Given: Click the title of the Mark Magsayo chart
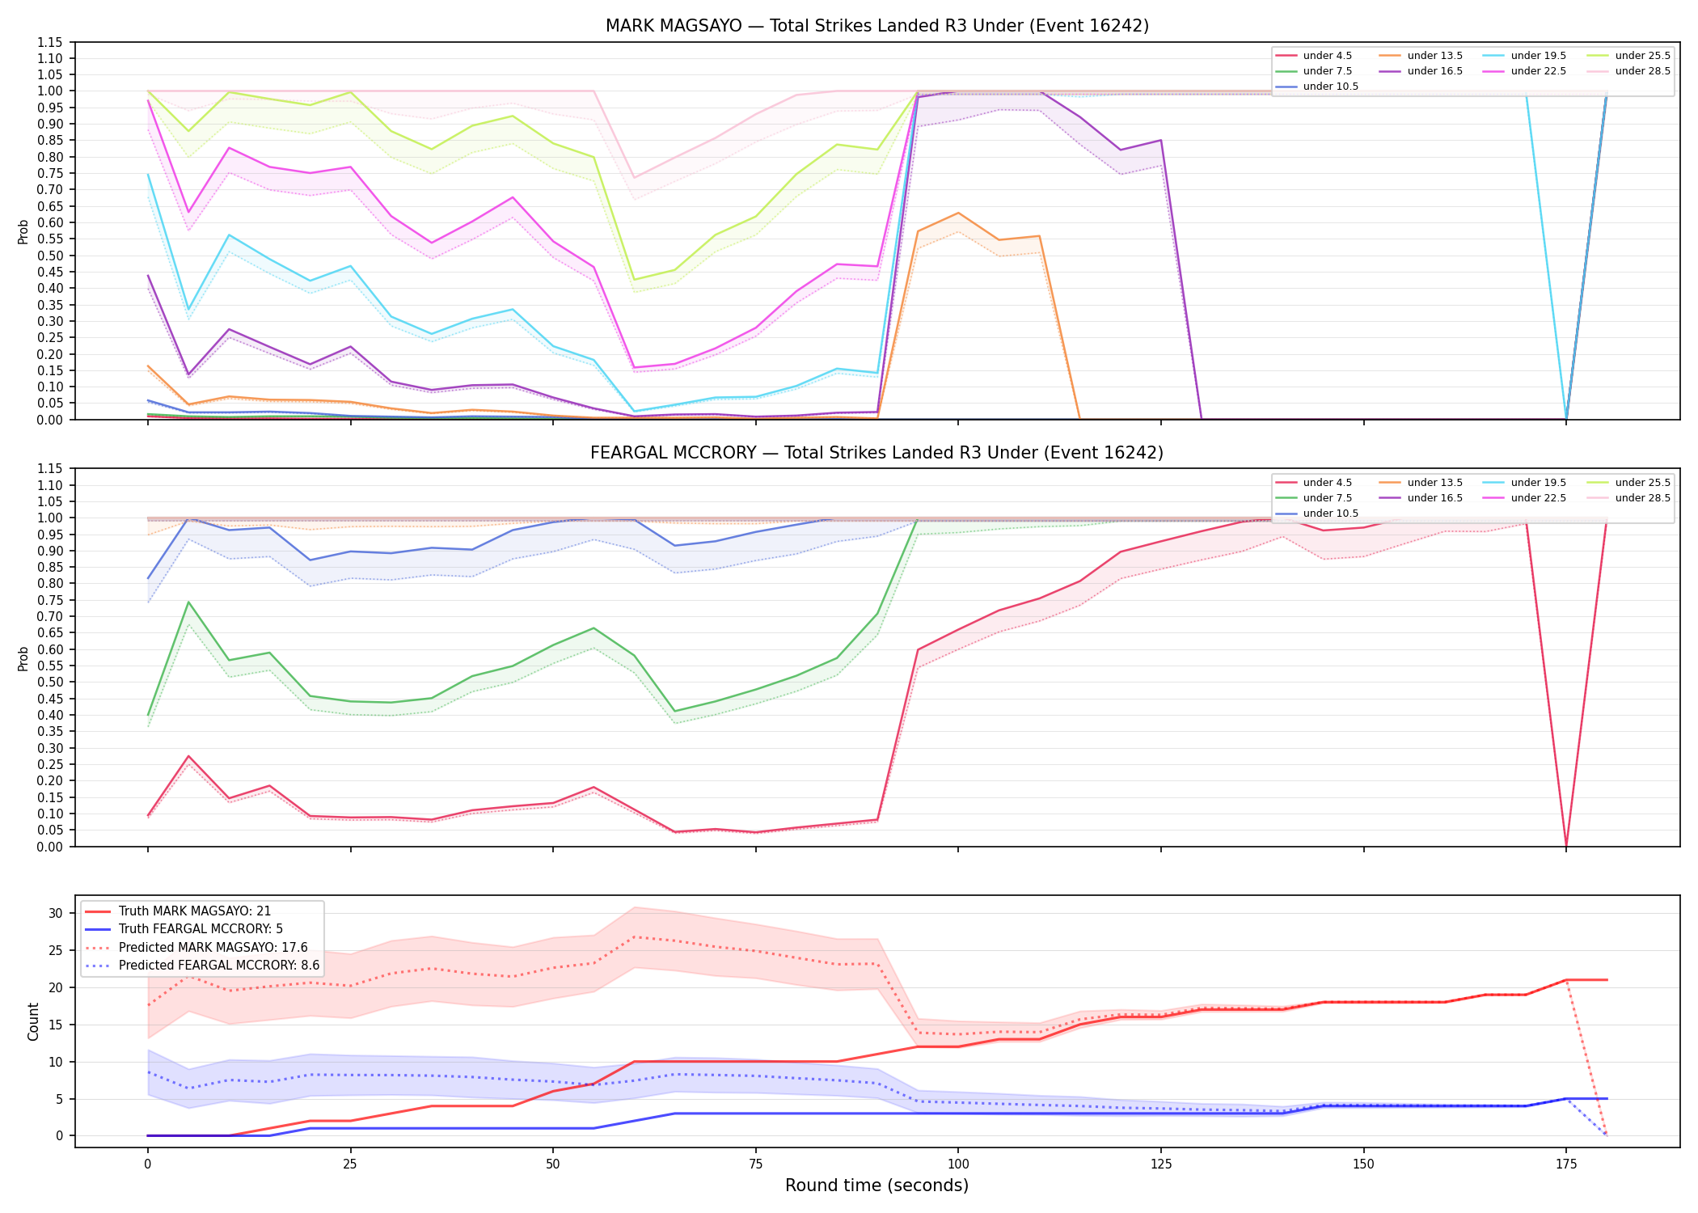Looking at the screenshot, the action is pos(877,26).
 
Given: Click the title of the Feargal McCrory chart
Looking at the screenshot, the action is pos(877,453).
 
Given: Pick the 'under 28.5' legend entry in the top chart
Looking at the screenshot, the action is pos(1628,71).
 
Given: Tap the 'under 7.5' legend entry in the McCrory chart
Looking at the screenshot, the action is pos(1314,498).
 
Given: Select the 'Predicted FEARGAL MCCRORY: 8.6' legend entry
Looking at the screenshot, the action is pos(202,966).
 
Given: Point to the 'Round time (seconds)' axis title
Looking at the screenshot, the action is pos(877,1186).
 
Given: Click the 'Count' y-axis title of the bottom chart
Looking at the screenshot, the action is pos(33,1021).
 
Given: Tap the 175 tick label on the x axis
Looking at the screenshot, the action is pos(1566,1164).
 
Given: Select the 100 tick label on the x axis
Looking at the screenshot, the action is pos(958,1164).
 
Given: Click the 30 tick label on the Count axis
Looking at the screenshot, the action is pos(55,913).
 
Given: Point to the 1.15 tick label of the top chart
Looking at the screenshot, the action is pos(49,42).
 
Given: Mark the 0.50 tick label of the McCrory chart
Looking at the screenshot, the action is pos(49,683).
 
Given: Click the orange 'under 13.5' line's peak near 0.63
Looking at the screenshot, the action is pos(958,213).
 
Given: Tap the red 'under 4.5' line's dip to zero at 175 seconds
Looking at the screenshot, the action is pos(1566,846).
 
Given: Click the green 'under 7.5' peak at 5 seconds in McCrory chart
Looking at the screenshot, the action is pos(188,602).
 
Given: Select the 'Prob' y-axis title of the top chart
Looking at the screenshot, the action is pos(23,231).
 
